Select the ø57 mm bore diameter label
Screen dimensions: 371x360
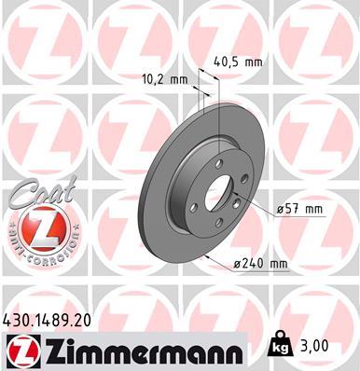coord(300,211)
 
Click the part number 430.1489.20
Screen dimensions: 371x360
coord(53,320)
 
